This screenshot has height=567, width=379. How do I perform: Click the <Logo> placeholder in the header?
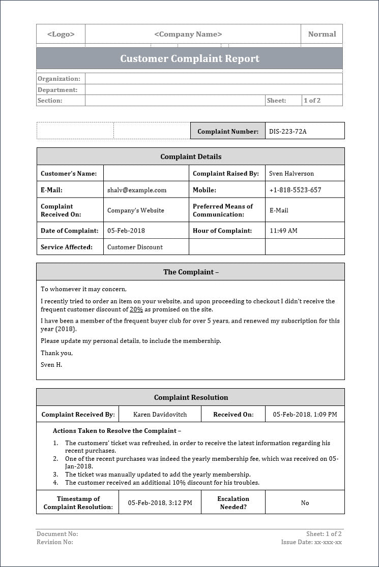point(61,34)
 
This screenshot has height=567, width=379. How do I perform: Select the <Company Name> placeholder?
point(188,34)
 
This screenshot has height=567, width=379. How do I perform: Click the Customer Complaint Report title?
point(190,58)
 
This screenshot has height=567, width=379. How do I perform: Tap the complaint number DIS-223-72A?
point(288,131)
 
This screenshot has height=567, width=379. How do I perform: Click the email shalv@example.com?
point(137,190)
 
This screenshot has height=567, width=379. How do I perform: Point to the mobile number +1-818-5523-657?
point(295,190)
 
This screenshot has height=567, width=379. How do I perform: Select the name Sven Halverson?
point(291,173)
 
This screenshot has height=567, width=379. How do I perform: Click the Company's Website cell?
point(136,210)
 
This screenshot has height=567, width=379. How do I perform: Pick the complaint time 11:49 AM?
point(283,231)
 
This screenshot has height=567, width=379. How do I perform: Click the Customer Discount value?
point(135,247)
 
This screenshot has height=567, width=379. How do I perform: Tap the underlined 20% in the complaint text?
point(136,309)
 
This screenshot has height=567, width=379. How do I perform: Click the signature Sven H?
point(51,364)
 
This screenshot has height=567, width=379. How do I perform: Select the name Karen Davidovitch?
point(160,414)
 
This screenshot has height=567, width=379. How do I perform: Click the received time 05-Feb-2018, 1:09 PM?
point(305,414)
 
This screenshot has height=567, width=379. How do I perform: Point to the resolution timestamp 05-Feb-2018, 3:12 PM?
point(160,502)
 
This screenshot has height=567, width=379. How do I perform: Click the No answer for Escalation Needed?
point(305,502)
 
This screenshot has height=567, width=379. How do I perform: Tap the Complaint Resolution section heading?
point(191,397)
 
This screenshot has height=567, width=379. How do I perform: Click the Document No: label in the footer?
point(57,534)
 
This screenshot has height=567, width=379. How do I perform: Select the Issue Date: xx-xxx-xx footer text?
point(311,542)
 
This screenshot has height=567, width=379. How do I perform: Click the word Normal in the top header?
point(322,34)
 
